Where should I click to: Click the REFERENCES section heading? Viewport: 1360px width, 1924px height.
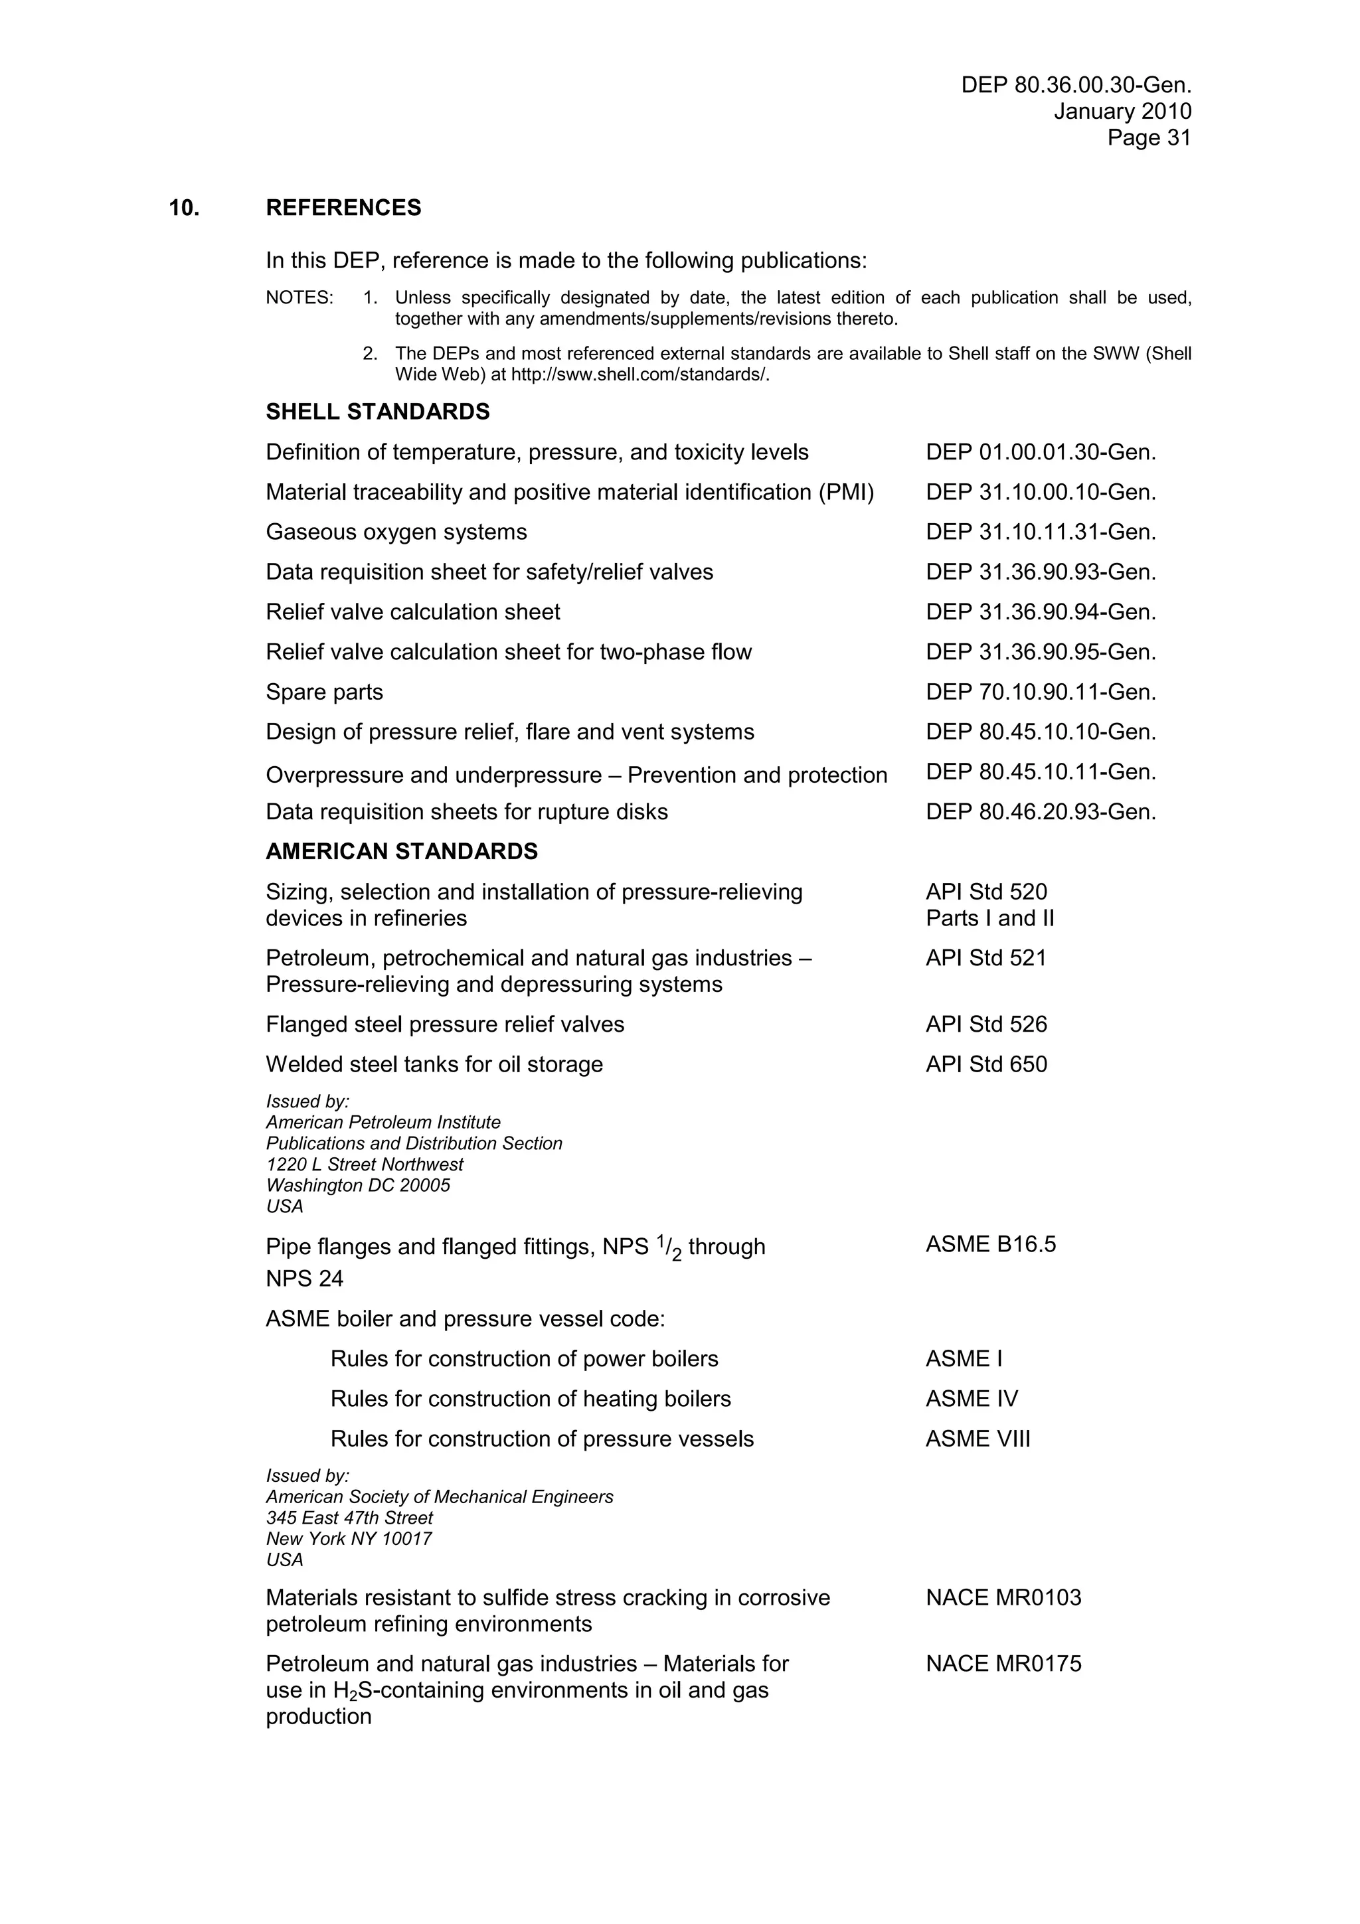[343, 208]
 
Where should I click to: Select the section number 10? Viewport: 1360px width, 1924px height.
[185, 208]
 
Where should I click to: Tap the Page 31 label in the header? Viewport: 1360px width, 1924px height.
[1149, 138]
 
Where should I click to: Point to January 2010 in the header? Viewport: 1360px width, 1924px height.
[1122, 112]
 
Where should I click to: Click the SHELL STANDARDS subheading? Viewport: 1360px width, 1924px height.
[378, 412]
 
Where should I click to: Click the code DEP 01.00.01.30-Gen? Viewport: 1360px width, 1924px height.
[1041, 453]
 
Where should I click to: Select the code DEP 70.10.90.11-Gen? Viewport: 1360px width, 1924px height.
[1041, 692]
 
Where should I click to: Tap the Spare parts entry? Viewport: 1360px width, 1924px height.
[324, 692]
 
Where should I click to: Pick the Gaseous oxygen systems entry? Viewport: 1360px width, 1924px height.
[396, 532]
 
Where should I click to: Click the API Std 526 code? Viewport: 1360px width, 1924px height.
[986, 1024]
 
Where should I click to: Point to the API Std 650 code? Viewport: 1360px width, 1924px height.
[986, 1064]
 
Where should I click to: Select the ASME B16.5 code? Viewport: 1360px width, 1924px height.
[991, 1244]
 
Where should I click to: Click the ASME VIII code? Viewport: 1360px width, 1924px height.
[978, 1439]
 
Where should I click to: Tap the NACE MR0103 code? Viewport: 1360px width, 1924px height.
[1003, 1598]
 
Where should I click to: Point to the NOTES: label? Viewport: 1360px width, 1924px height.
[299, 298]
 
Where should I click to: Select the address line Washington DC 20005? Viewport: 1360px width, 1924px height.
[358, 1186]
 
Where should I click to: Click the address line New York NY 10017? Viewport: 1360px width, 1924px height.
[349, 1538]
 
